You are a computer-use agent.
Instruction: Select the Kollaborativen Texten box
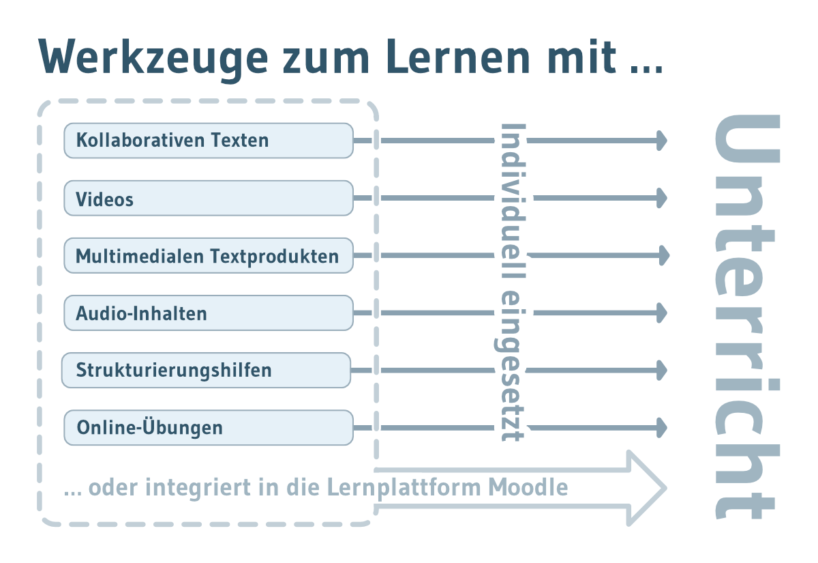click(209, 141)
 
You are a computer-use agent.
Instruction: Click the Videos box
click(209, 198)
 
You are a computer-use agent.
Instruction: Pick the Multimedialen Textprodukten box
click(209, 255)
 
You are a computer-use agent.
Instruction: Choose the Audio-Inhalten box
click(209, 313)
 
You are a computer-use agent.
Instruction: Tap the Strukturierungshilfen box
click(206, 371)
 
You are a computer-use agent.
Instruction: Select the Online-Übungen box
click(209, 428)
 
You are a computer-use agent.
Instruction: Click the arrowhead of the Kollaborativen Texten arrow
click(662, 141)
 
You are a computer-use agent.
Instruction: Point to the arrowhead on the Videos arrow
click(662, 198)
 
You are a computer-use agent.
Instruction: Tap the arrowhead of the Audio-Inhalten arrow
click(662, 313)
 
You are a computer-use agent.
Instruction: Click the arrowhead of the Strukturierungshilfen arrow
click(662, 371)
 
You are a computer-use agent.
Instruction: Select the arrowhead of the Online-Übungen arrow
click(662, 428)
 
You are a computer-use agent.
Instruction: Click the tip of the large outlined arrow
click(666, 489)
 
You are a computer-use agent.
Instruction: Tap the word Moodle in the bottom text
click(528, 487)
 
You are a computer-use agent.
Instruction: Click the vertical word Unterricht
click(747, 317)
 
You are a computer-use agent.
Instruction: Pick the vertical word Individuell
click(513, 201)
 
